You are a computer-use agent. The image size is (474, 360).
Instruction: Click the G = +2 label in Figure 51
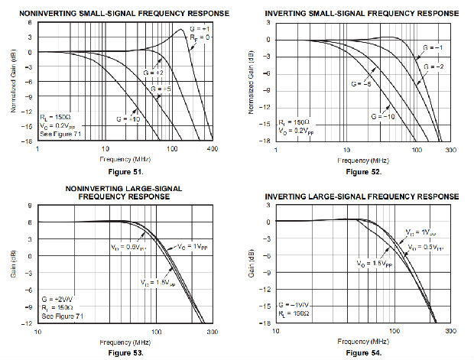[161, 72]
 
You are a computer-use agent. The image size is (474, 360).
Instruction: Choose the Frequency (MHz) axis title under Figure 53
[125, 342]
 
